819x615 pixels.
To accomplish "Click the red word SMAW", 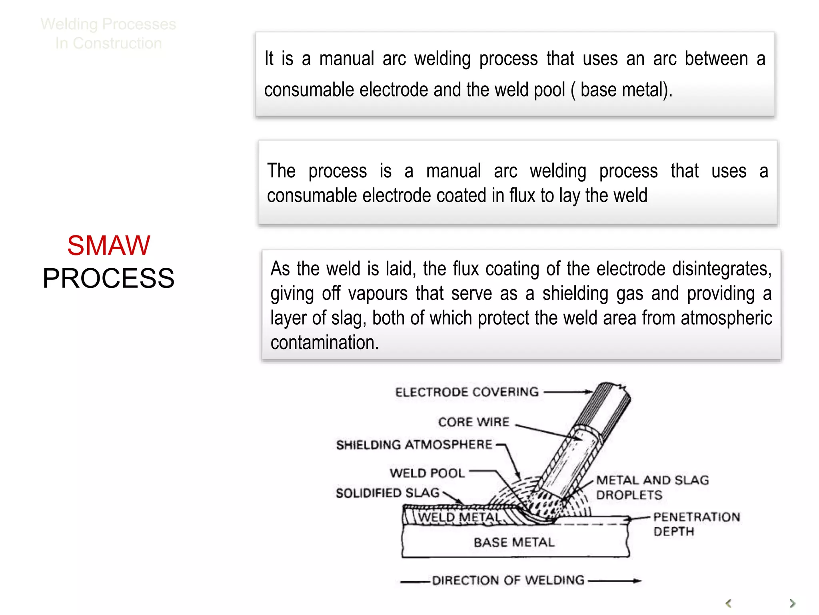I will click(x=108, y=245).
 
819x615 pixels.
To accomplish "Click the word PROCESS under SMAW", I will click(x=108, y=278).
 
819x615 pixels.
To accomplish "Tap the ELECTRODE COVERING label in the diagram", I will click(x=467, y=392).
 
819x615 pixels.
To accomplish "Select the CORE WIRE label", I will click(x=474, y=422).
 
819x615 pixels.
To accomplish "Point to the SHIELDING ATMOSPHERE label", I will click(x=414, y=445).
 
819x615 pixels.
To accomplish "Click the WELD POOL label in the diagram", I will click(x=427, y=473).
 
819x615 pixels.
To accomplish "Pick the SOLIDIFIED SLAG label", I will click(x=388, y=493).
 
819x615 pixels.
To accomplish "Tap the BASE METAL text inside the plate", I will click(x=514, y=543).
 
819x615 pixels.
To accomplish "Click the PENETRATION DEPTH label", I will click(x=696, y=524).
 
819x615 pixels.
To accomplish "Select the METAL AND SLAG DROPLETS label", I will click(x=652, y=487).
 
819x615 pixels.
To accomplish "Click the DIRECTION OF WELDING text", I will click(x=508, y=580).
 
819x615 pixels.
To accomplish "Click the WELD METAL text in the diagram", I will click(x=459, y=517).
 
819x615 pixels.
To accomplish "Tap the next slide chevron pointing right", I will click(x=792, y=603).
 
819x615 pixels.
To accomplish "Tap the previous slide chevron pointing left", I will click(x=729, y=603).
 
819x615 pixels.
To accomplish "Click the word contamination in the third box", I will click(x=324, y=343).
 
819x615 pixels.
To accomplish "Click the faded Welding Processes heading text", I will click(x=108, y=24).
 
